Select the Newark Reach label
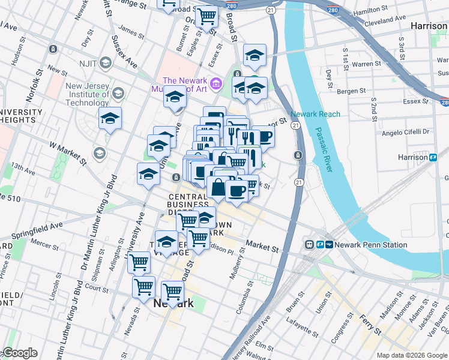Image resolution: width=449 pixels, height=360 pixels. (x=315, y=114)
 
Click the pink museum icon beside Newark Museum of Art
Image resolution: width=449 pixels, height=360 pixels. (x=218, y=82)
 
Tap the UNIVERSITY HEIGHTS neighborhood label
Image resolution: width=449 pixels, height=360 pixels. (x=20, y=116)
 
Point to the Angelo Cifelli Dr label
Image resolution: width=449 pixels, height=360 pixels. (x=406, y=131)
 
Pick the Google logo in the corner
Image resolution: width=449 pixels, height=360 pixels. (x=19, y=353)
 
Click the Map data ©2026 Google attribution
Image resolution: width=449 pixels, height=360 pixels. (x=411, y=355)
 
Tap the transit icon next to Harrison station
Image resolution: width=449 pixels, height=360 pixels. (x=432, y=157)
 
